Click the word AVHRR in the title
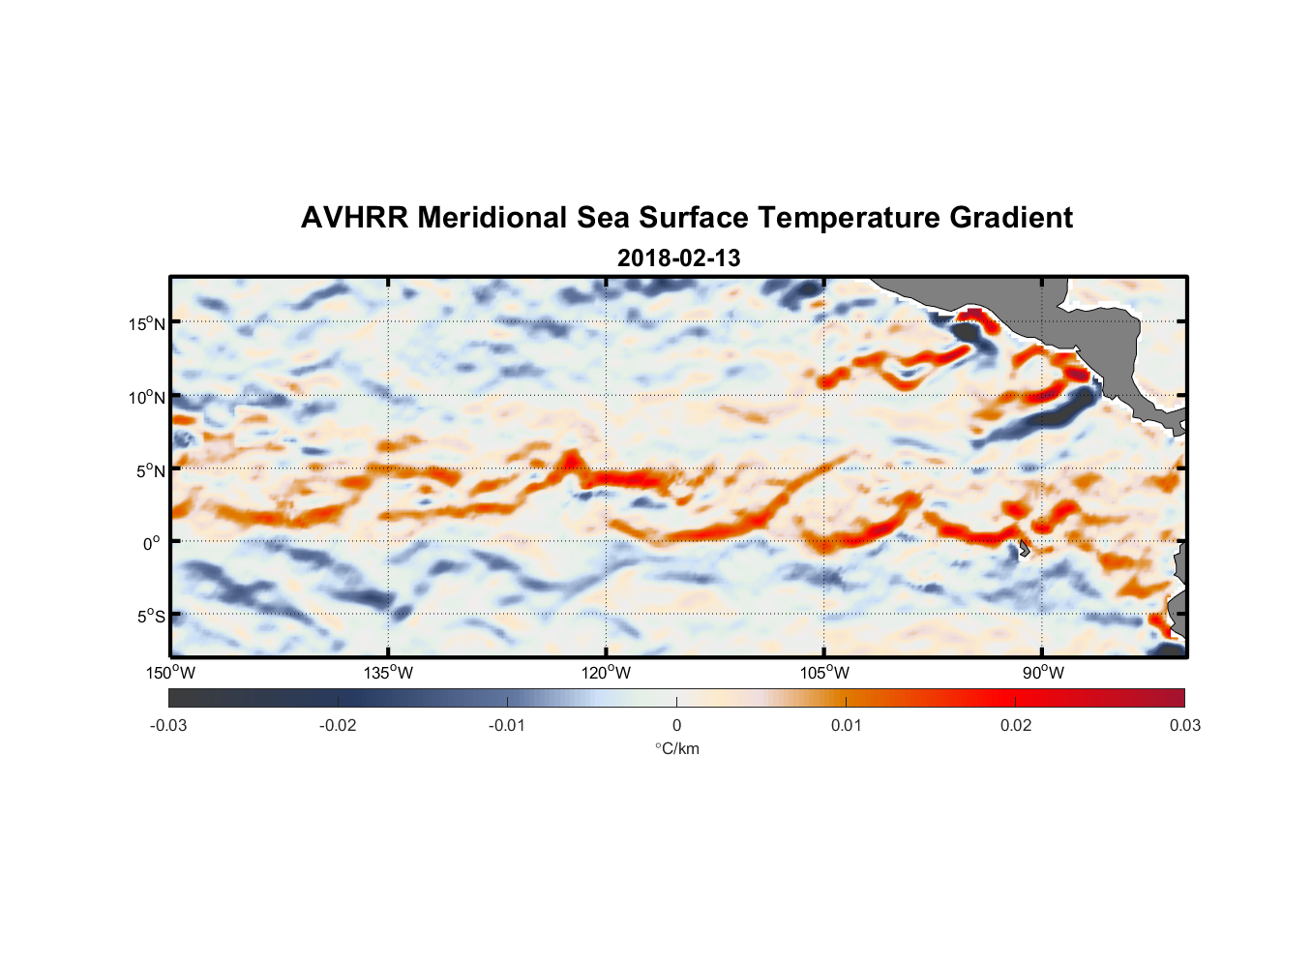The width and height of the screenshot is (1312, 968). coord(354,218)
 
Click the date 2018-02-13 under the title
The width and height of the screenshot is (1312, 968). coord(678,258)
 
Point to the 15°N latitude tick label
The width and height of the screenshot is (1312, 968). coord(146,323)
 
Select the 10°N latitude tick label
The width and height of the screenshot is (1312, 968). coord(146,397)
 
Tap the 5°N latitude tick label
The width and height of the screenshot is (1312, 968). coord(150,470)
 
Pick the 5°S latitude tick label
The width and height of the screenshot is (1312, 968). coord(150,617)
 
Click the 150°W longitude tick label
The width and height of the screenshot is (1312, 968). coord(171,673)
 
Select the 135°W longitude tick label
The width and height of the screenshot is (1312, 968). coord(389,673)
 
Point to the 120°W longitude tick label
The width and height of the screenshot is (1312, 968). coord(607,673)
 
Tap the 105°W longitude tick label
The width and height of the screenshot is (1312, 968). coord(824,673)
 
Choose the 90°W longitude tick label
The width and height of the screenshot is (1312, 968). coord(1043,673)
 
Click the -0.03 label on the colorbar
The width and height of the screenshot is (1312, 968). coord(168,725)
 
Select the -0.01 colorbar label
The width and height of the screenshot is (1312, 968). coord(507,725)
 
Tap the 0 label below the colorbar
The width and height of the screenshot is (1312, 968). coord(676,725)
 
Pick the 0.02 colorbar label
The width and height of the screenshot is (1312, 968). coord(1015,725)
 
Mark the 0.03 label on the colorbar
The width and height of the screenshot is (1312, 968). coord(1184,725)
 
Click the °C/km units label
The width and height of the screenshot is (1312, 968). coord(677,748)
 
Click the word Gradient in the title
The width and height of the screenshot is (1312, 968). coord(1011,218)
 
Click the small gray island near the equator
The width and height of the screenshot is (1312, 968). coord(1023,548)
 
